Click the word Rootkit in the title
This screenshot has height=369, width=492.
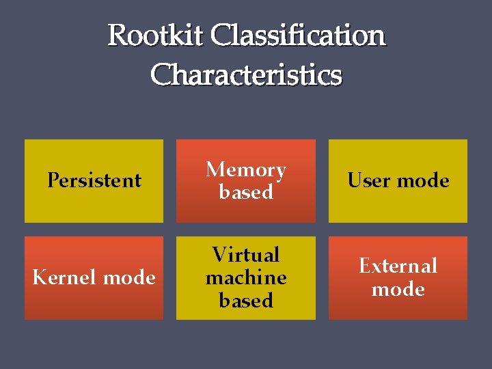pos(156,36)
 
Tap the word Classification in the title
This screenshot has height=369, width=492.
pos(298,36)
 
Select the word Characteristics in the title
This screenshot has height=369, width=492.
pos(246,74)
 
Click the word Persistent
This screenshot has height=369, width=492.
pos(94,180)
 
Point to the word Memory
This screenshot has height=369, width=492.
pos(246,169)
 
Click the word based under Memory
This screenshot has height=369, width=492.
pos(246,192)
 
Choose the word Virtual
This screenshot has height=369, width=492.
pos(246,255)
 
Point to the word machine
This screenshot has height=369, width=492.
pos(246,277)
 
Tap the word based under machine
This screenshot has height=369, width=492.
pos(246,300)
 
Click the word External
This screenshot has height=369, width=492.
pos(398,266)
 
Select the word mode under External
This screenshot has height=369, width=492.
pos(398,289)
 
